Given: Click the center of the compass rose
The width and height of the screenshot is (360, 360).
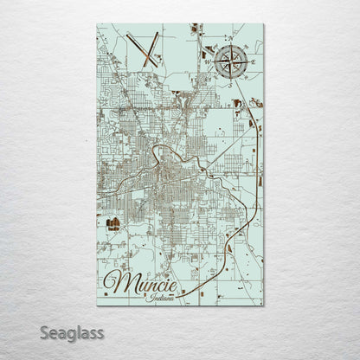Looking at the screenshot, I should (x=231, y=61).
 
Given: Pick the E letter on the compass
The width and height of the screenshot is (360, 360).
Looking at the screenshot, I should (x=253, y=61).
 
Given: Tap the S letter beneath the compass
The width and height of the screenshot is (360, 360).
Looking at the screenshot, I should (x=231, y=83).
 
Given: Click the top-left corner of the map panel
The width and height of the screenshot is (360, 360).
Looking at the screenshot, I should (x=96, y=24).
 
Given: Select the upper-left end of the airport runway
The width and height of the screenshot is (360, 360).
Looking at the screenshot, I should (x=125, y=34).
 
